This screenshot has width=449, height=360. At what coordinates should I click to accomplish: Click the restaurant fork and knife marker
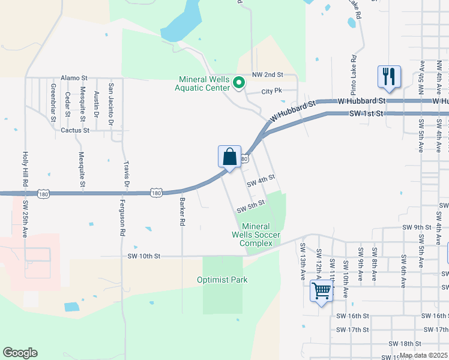click(389, 77)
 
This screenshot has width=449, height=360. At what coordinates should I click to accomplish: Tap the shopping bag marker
click(229, 157)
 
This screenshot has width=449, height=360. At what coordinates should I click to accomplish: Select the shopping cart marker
click(322, 291)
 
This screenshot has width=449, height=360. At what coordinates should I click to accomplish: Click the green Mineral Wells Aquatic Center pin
click(239, 83)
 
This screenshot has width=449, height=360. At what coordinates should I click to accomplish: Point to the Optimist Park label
click(222, 280)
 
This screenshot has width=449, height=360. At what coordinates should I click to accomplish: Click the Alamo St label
click(74, 78)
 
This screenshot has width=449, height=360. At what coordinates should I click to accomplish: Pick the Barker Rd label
click(182, 212)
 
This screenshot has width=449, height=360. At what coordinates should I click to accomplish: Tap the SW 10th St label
click(144, 256)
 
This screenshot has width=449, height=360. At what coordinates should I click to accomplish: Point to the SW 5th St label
click(251, 206)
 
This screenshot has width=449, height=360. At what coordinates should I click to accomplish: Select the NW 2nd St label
click(267, 74)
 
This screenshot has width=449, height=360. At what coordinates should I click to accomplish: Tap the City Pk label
click(271, 92)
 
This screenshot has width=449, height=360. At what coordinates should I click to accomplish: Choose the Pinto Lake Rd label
click(355, 76)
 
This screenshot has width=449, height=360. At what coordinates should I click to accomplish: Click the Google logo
click(20, 352)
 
